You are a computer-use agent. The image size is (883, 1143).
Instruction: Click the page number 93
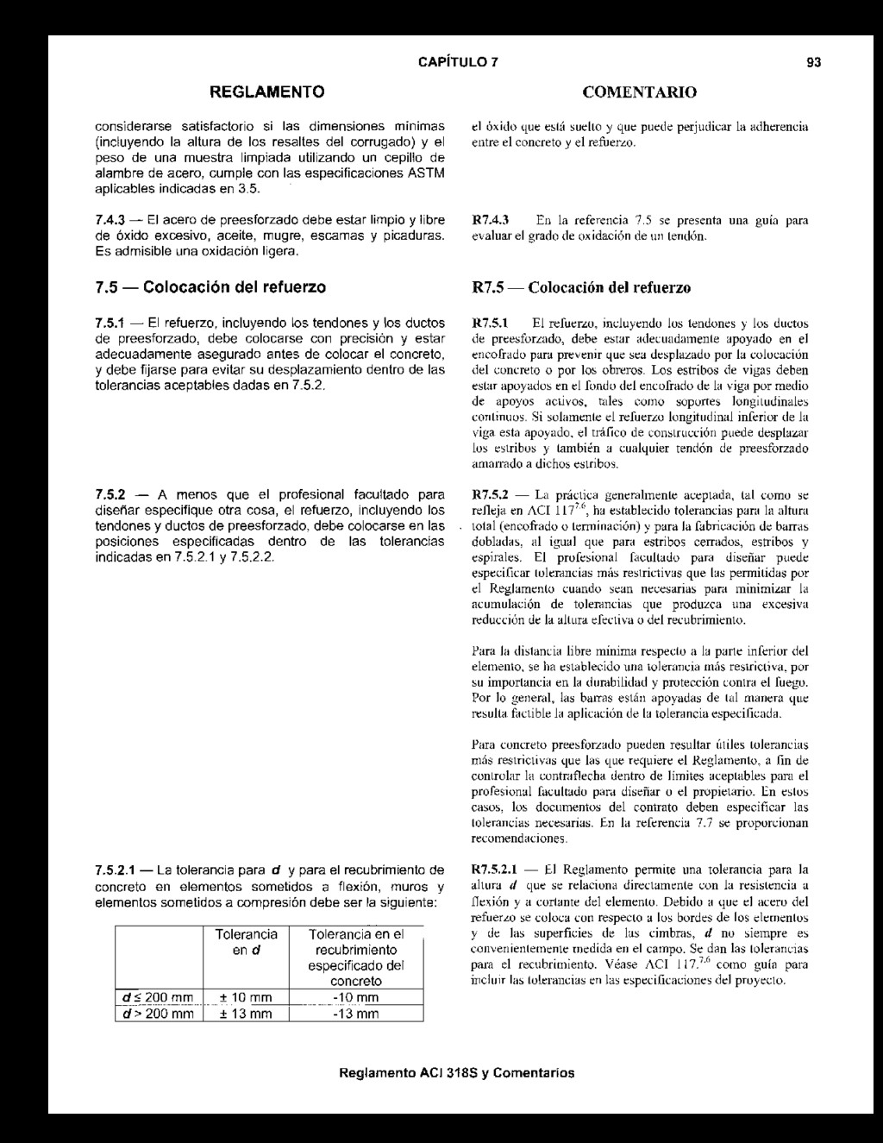click(813, 62)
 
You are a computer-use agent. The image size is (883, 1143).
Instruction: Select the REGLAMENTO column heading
click(268, 91)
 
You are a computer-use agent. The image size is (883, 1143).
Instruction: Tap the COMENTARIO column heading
click(639, 91)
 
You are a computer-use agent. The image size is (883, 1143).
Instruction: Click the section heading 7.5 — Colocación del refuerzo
click(210, 286)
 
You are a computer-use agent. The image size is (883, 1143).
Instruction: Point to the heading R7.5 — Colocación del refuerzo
click(582, 286)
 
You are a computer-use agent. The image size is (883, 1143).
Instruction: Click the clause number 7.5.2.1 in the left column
click(117, 869)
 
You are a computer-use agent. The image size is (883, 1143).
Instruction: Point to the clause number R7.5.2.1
click(497, 869)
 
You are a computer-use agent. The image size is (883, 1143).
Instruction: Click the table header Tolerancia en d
click(246, 942)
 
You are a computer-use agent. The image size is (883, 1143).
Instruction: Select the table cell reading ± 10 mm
click(246, 998)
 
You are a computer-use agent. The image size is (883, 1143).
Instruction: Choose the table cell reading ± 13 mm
click(246, 1014)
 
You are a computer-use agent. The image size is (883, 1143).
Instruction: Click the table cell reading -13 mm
click(356, 1014)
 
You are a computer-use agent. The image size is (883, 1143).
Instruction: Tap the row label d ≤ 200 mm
click(157, 998)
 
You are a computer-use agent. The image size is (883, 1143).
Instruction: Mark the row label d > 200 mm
click(157, 1014)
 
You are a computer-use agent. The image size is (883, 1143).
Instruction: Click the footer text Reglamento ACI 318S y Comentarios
click(457, 1074)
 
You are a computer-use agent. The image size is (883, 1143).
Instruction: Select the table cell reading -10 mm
click(356, 998)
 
